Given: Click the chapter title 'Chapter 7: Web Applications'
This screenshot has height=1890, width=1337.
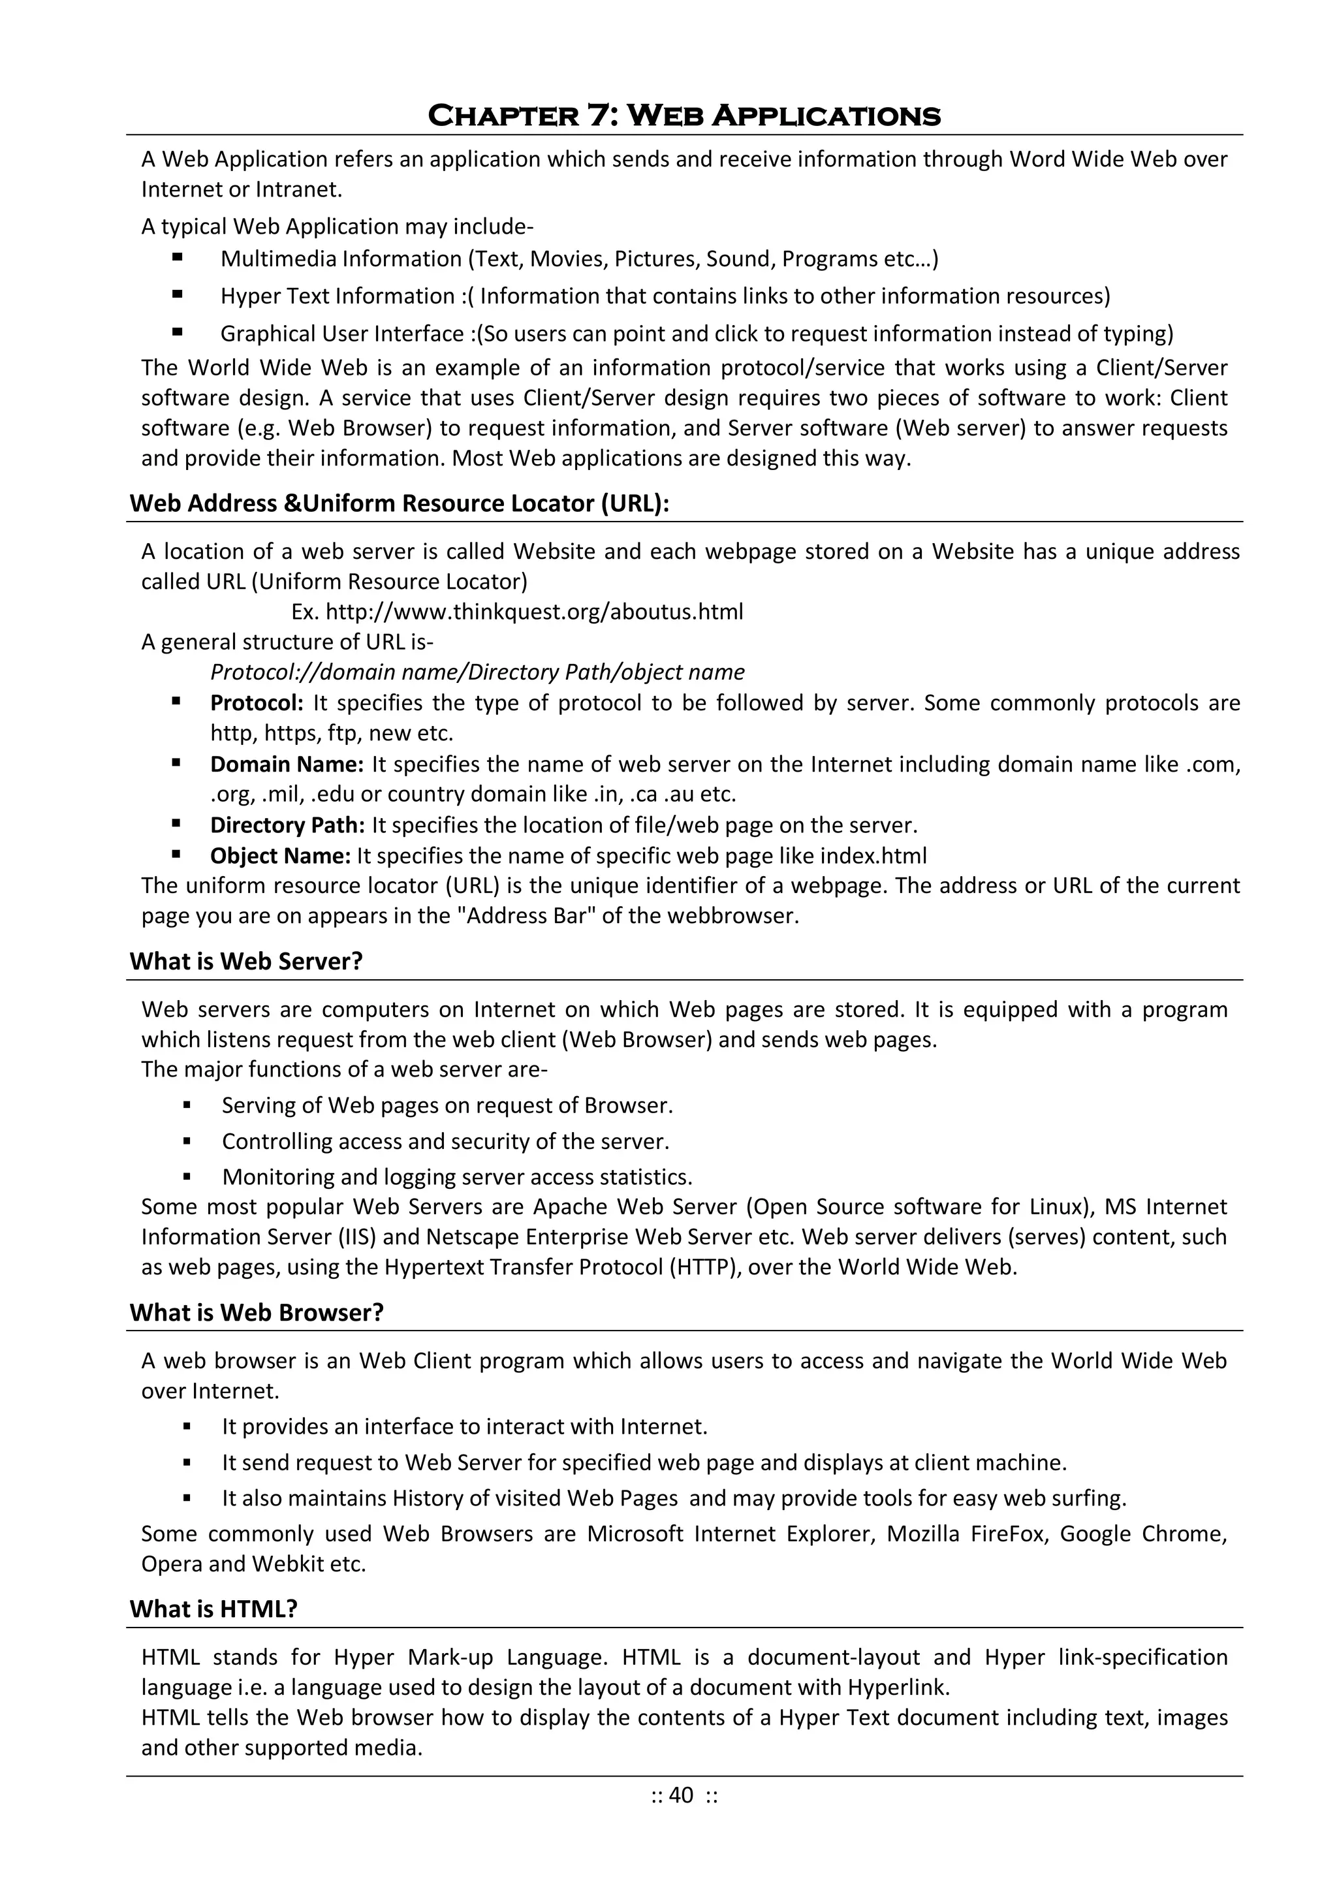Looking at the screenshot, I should coord(684,116).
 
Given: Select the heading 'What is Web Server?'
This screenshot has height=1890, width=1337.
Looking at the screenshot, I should coord(246,962).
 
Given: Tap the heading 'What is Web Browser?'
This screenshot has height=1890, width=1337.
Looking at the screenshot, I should coord(257,1312).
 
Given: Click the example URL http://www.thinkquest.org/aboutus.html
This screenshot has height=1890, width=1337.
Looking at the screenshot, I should coord(534,612).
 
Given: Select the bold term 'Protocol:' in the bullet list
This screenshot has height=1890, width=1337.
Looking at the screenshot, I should coord(257,703).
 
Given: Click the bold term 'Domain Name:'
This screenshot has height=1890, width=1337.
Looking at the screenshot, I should coord(287,764).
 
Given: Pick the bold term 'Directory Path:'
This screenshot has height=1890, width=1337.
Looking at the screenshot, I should coord(287,825).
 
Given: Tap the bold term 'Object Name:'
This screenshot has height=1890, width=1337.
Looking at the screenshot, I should coord(281,856).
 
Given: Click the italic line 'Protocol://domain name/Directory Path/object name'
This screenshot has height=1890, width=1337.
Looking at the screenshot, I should coord(477,672).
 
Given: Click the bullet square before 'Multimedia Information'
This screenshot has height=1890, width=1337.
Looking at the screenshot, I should coord(177,258).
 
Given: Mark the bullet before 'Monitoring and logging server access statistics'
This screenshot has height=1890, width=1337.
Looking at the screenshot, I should coord(188,1177).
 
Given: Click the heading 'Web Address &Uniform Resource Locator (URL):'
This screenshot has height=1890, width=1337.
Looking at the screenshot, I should coord(400,503).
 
